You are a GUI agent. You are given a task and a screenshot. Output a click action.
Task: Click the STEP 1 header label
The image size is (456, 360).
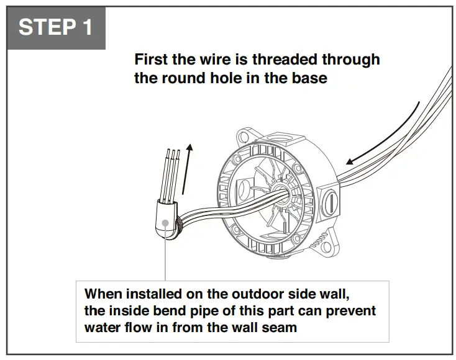55,27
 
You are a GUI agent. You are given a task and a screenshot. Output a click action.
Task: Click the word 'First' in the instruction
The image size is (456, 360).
150,60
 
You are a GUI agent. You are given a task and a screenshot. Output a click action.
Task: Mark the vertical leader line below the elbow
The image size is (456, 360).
166,261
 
